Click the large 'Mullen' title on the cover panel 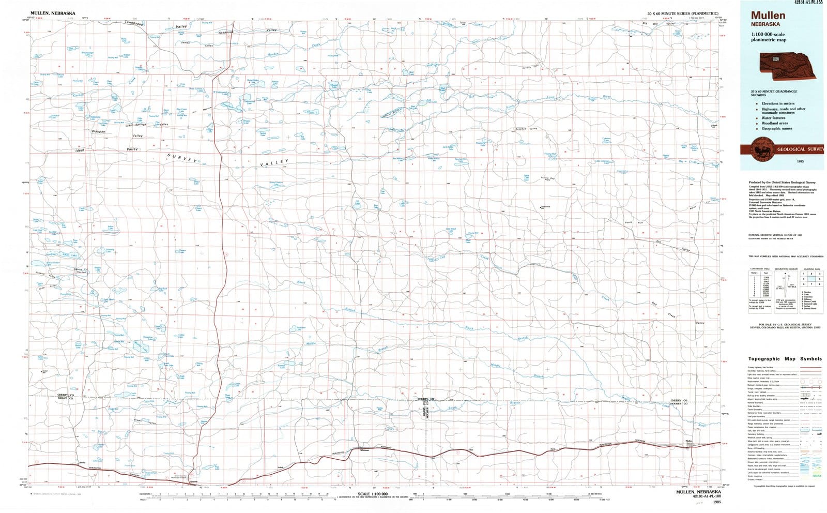768,16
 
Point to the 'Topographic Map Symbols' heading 785,359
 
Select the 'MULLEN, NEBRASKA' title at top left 53,13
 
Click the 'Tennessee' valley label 134,24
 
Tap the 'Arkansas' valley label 226,33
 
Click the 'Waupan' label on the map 98,132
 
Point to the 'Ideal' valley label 80,150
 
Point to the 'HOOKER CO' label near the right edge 679,404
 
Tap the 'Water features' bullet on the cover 775,118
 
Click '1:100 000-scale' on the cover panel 768,34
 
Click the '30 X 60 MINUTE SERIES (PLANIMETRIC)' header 682,13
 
